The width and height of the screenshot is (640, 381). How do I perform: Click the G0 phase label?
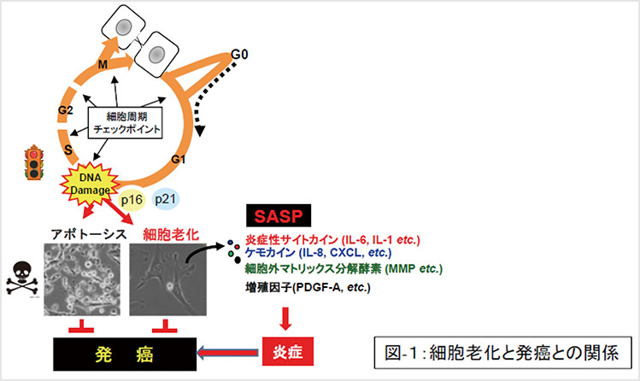(x=242, y=56)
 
